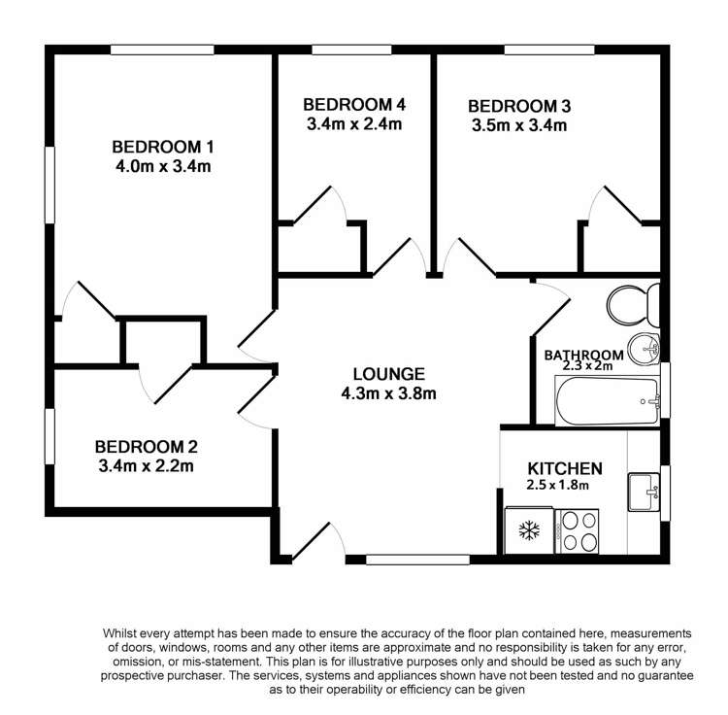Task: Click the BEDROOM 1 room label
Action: [x=162, y=147]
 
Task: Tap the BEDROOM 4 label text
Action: [x=353, y=105]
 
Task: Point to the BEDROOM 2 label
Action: [x=146, y=447]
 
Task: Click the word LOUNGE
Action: [x=388, y=373]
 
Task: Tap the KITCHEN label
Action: [x=565, y=467]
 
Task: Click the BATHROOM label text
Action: [x=583, y=355]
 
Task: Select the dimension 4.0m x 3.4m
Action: [x=162, y=166]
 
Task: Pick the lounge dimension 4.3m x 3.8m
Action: [x=388, y=393]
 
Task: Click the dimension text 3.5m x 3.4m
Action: [x=518, y=125]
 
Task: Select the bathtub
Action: [x=608, y=399]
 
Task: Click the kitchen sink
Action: [x=644, y=491]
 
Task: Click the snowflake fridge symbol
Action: [x=529, y=531]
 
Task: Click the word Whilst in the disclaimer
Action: [x=124, y=633]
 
